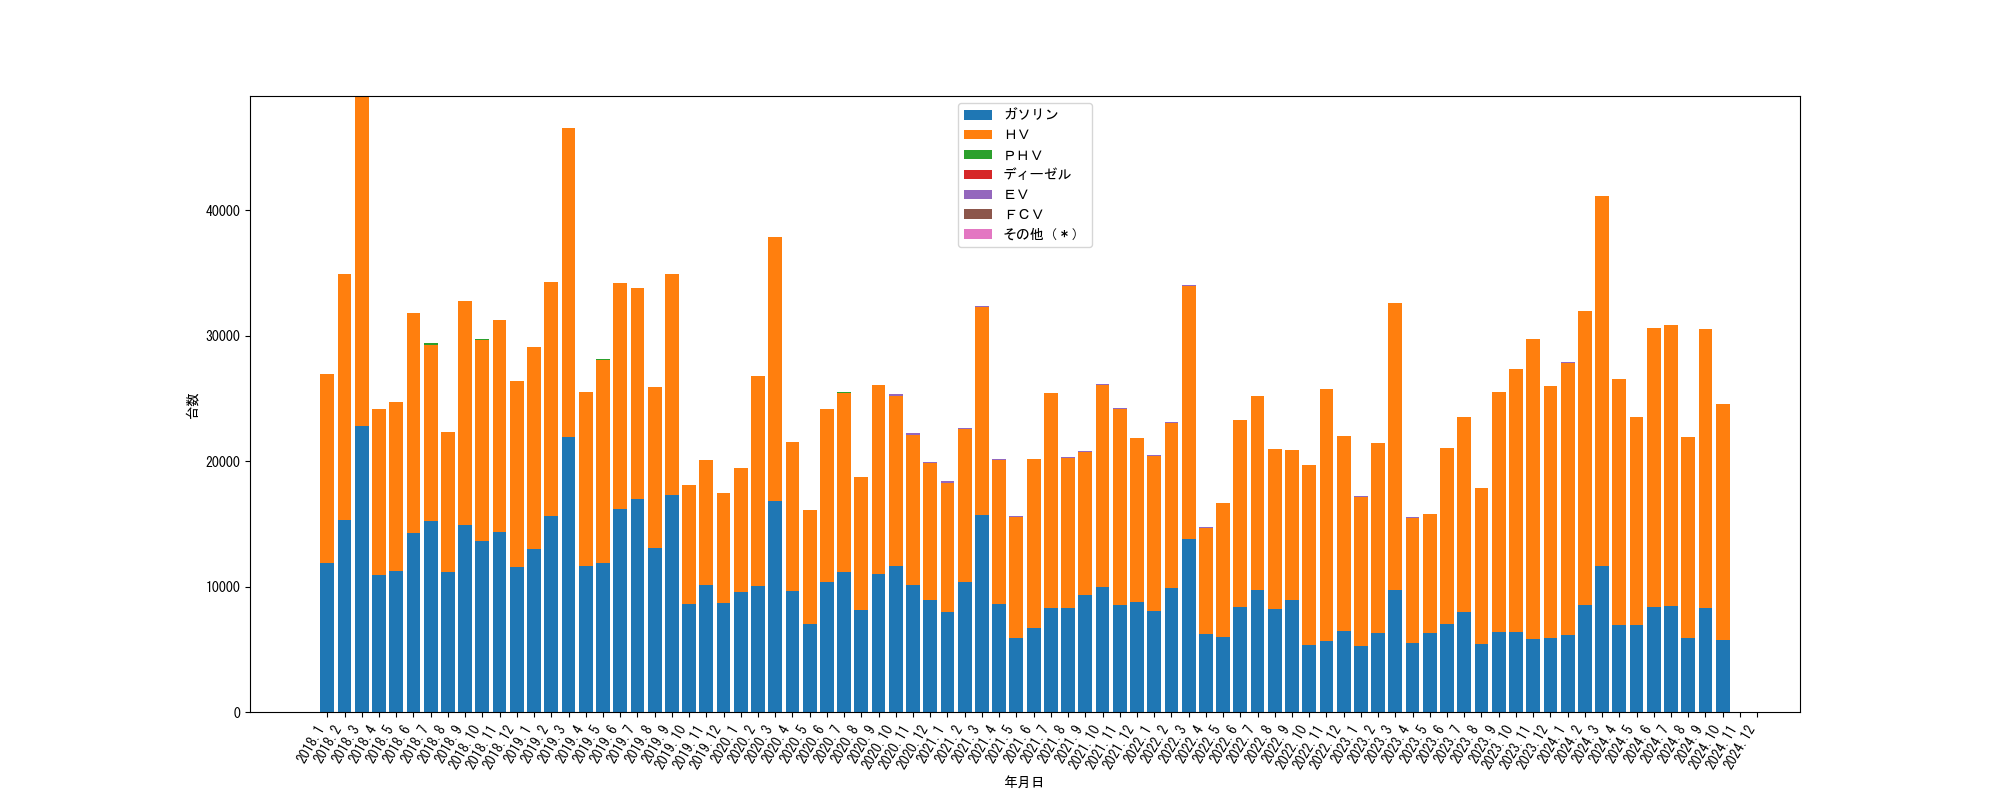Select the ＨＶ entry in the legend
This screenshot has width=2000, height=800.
pos(1016,135)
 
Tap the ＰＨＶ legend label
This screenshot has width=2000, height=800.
pos(1023,155)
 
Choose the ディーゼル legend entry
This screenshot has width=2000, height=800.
pos(1036,174)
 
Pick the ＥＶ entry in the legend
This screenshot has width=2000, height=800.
pos(1016,194)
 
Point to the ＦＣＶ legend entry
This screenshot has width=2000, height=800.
pos(1023,214)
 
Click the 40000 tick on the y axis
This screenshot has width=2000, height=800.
pos(223,211)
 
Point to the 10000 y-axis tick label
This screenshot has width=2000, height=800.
pos(223,587)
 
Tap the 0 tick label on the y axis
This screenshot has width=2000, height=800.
pos(237,713)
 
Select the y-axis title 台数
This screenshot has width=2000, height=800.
pos(193,405)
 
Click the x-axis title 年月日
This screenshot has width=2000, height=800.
pos(1024,782)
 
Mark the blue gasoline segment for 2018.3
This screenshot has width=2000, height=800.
pos(362,570)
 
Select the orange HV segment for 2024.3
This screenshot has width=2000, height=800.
pos(1602,381)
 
